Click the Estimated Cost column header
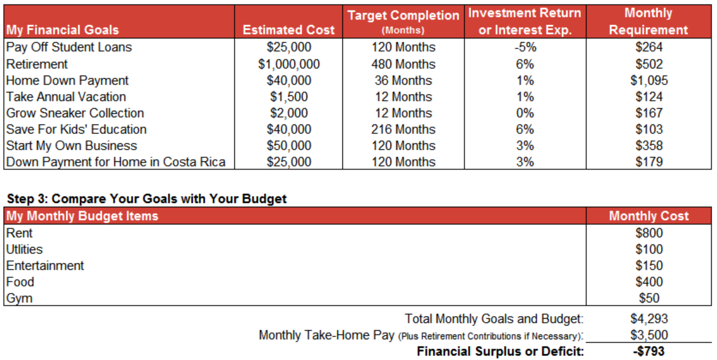coord(288,30)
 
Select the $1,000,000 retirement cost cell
coord(289,65)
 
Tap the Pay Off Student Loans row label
coord(69,47)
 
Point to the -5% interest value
coord(525,47)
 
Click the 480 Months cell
coord(403,65)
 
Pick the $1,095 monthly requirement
coord(649,81)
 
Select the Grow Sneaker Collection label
coord(75,113)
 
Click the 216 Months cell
coord(403,130)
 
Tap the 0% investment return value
coord(525,113)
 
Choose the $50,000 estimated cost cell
coord(289,146)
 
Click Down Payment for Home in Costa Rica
coord(115,162)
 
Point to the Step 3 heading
coord(146,199)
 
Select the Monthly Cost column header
coord(648,216)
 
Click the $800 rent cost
coord(649,233)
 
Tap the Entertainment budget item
coord(45,266)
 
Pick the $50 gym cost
coord(649,298)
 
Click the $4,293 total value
coord(649,319)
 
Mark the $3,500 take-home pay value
coord(649,335)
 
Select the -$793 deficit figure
coord(648,351)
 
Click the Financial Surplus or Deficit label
coord(500,351)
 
